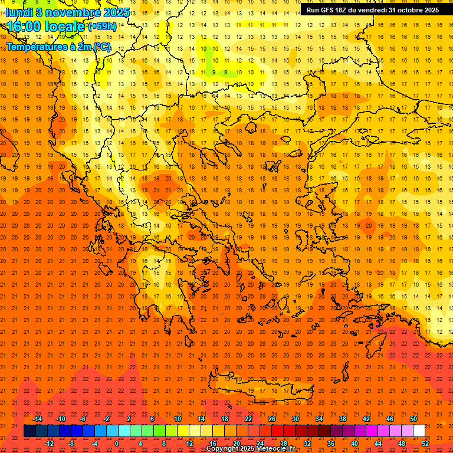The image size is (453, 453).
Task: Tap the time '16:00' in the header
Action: click(x=26, y=27)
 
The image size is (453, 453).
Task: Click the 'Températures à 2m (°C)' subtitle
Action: click(x=58, y=47)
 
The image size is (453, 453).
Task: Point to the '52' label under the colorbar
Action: click(x=425, y=444)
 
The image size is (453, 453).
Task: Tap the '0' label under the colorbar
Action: click(x=117, y=444)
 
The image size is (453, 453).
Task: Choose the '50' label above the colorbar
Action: click(x=413, y=419)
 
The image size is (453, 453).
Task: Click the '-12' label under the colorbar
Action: click(x=49, y=444)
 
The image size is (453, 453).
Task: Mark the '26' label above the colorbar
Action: click(x=272, y=419)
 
